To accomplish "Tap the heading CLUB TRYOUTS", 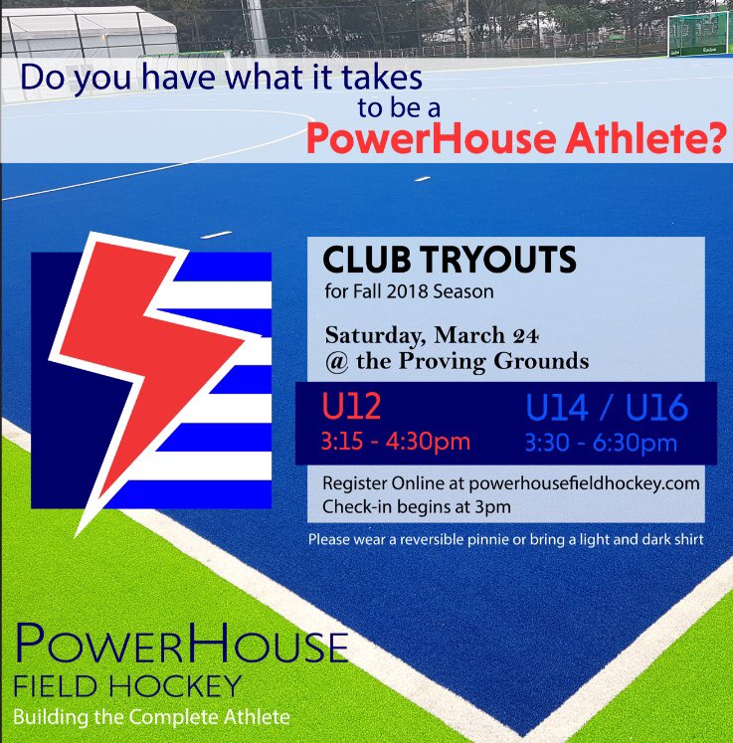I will (450, 261).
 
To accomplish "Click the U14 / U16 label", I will (608, 409).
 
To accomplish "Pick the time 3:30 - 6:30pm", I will (602, 442).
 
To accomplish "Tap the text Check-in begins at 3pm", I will (408, 504).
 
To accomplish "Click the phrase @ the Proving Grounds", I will (456, 360).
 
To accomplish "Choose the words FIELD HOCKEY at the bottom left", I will (127, 685).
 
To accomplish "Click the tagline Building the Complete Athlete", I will (152, 716).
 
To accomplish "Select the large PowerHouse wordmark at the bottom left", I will (182, 648).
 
